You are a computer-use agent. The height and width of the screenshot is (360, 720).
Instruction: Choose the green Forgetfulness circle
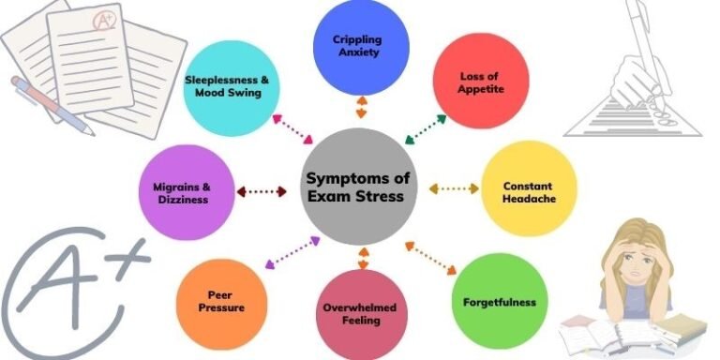(x=499, y=301)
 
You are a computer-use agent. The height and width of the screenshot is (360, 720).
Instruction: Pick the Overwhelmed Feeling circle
(x=361, y=313)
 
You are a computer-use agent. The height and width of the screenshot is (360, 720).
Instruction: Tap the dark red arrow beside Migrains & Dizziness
(x=263, y=191)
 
